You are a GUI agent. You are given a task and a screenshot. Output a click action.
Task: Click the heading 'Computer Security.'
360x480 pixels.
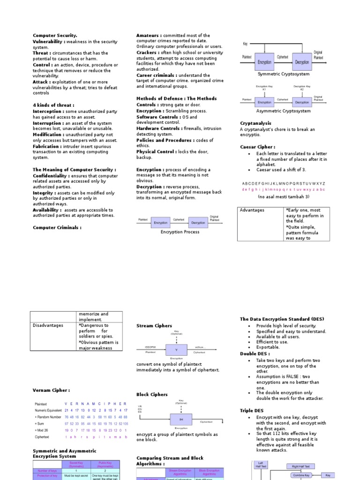[x=55, y=36]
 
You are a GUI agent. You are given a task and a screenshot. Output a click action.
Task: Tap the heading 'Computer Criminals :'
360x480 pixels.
[x=57, y=227]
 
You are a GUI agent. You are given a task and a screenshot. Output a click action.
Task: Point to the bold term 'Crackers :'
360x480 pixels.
[x=147, y=52]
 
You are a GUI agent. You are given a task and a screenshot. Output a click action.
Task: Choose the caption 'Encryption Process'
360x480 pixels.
[x=180, y=232]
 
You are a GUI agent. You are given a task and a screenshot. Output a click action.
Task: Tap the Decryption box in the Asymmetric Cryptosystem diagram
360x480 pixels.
[x=302, y=102]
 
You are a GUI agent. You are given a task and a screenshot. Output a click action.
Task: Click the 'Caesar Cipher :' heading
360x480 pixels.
[x=257, y=147]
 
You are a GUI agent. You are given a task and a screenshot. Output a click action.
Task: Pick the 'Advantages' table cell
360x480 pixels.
[x=252, y=210]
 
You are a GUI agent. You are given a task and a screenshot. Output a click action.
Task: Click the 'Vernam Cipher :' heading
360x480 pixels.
[x=51, y=390]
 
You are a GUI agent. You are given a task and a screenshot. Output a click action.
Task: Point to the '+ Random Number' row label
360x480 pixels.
[x=48, y=417]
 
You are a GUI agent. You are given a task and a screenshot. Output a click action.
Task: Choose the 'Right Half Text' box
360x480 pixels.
[x=304, y=466]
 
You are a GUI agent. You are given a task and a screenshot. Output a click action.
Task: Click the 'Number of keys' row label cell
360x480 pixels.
[x=47, y=470]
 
